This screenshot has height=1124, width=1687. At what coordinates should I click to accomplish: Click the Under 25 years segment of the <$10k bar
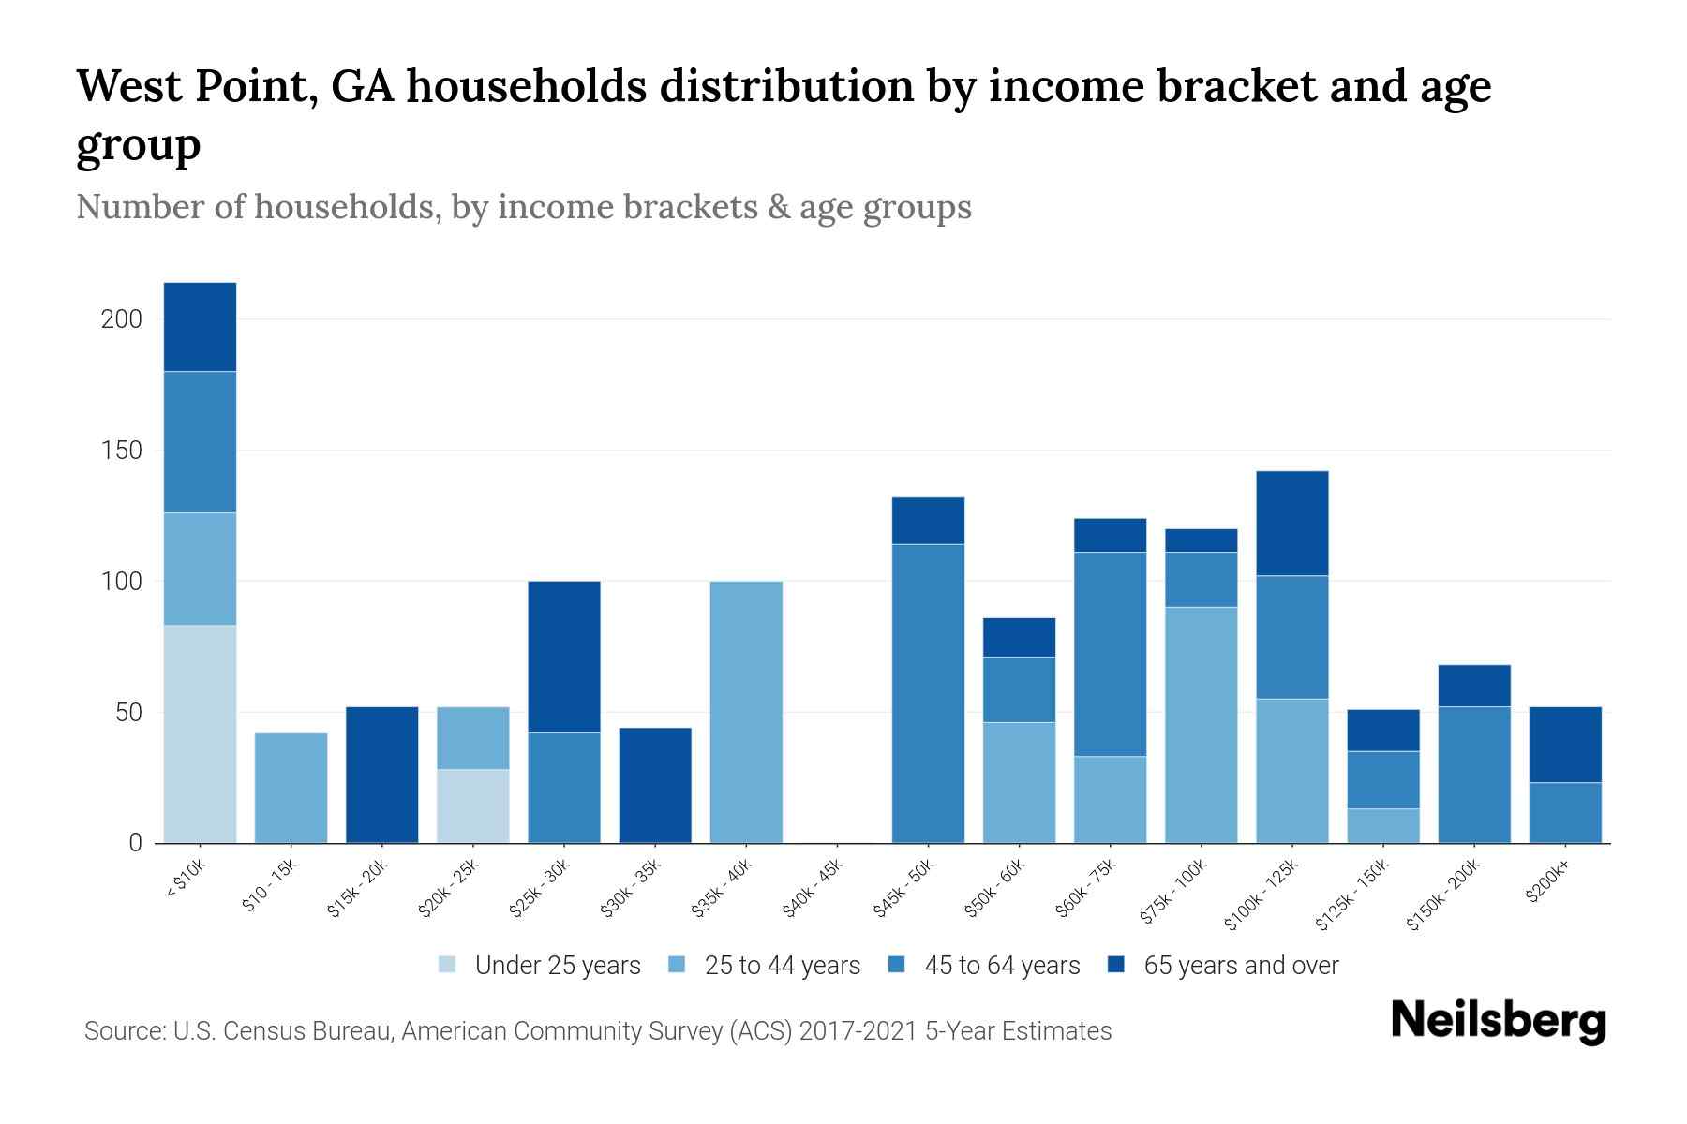200,733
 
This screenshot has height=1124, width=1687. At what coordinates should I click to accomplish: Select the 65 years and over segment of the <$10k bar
200,327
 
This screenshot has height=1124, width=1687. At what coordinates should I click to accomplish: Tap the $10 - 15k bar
291,788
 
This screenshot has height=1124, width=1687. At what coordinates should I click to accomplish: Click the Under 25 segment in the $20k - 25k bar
473,806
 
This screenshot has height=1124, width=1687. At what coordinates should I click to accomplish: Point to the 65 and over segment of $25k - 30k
564,657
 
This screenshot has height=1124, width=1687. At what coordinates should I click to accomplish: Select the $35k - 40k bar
746,712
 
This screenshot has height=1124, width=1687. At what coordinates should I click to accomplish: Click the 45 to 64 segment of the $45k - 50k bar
928,693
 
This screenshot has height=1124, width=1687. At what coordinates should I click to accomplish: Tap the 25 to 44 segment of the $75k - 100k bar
1201,725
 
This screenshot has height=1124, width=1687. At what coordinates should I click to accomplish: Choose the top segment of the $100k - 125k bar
1291,523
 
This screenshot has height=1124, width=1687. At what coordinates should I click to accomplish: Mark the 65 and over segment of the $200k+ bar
1564,745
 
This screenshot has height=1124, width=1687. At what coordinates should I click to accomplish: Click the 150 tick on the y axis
121,451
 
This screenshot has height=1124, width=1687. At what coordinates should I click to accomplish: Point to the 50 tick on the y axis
127,713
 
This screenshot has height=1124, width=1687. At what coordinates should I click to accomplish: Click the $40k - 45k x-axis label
814,889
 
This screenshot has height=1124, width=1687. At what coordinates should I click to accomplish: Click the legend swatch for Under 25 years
447,965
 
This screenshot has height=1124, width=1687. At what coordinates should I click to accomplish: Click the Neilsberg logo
1498,1022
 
